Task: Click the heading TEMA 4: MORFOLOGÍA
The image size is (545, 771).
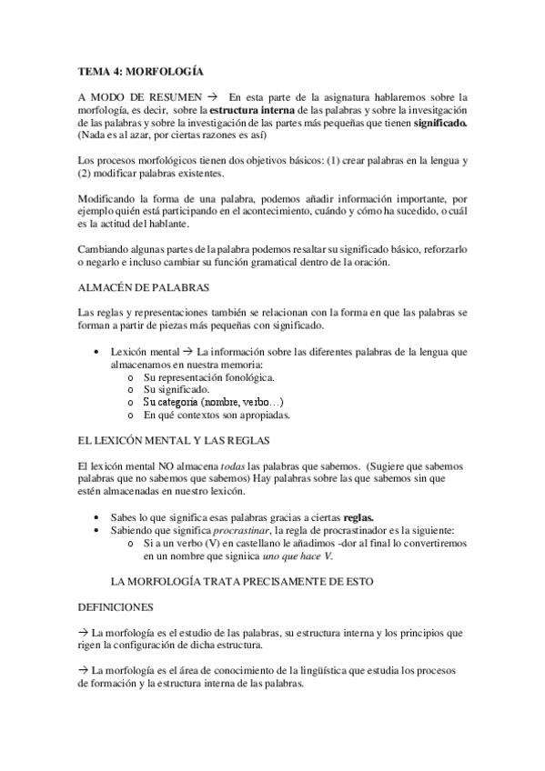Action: click(140, 70)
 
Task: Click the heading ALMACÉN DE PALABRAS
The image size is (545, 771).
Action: click(144, 287)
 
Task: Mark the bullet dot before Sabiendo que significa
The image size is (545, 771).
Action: click(97, 529)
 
